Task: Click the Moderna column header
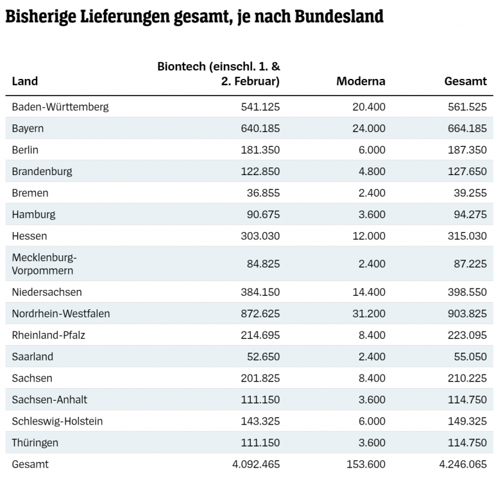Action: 361,81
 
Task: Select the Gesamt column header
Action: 465,81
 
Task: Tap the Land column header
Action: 25,81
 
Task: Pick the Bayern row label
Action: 28,128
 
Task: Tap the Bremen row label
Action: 30,193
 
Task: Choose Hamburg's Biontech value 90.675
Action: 261,214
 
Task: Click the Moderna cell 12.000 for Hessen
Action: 369,236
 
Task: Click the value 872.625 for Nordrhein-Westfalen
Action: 259,314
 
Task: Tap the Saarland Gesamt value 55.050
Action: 468,357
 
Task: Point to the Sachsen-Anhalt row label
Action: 49,400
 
